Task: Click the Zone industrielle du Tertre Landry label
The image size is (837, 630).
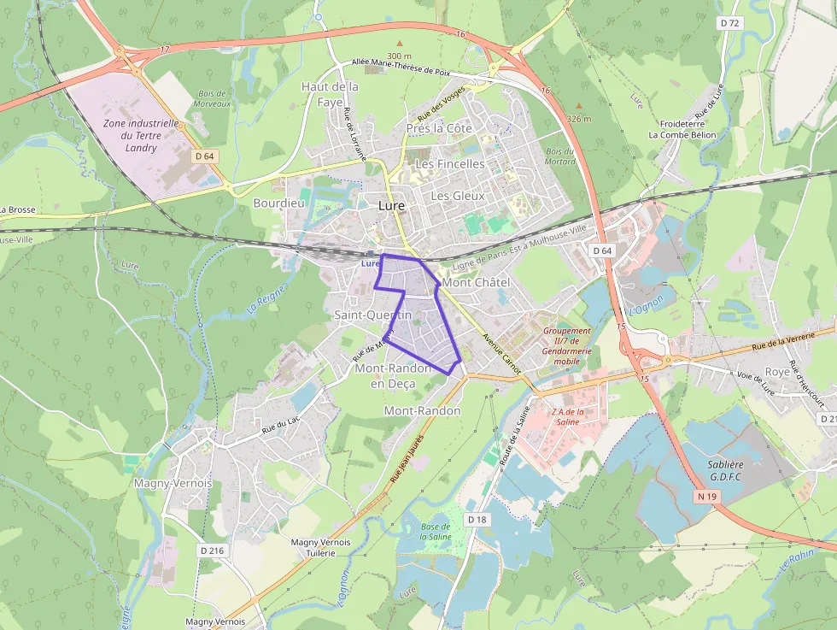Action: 141,135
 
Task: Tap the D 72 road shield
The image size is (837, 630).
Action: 729,23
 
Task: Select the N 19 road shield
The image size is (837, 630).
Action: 706,497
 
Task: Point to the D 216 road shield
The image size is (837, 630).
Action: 210,551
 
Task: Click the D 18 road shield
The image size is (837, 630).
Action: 477,520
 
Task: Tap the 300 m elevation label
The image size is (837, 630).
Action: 399,56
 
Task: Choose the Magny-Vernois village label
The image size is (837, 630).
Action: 173,483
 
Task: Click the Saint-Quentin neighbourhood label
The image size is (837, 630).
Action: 372,315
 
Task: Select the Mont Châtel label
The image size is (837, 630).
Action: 476,282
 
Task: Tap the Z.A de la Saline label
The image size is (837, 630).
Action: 568,416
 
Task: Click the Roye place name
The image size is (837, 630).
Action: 777,372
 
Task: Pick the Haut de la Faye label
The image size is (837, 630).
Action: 330,94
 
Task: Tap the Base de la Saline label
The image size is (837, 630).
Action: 436,531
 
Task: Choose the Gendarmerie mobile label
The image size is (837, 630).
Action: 567,345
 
